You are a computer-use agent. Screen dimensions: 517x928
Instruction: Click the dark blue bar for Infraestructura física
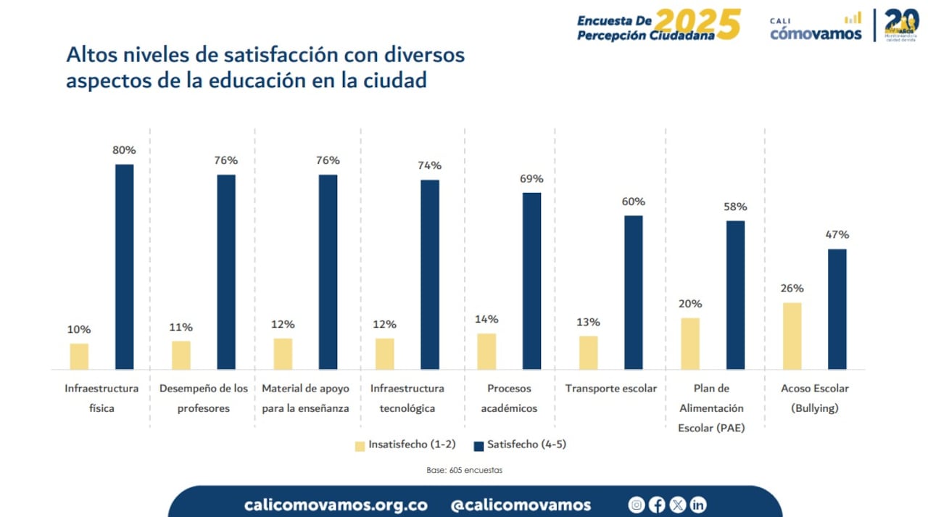(125, 266)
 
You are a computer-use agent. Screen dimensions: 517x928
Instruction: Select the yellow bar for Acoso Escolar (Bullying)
(792, 336)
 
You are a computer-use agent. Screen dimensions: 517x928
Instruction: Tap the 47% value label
(837, 234)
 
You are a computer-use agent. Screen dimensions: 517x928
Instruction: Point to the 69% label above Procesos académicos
(531, 178)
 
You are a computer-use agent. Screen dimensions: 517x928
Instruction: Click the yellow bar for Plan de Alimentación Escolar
(690, 343)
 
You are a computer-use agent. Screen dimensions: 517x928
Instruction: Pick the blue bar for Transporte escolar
(633, 292)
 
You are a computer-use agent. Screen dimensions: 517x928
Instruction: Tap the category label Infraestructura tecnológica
(407, 398)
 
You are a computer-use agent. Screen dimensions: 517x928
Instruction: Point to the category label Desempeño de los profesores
(204, 398)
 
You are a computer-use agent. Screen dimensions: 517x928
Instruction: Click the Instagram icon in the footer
(637, 505)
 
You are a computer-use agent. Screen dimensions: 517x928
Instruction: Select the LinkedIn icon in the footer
(698, 505)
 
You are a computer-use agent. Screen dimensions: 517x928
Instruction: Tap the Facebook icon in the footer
(657, 505)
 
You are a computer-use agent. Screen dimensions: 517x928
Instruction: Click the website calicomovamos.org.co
(336, 505)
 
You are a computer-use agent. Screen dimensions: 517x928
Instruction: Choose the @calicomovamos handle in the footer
(521, 505)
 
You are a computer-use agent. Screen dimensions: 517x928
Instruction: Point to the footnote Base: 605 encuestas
(464, 470)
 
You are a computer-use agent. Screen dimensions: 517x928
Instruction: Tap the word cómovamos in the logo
(815, 33)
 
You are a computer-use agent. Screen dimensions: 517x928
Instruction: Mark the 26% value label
(792, 288)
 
